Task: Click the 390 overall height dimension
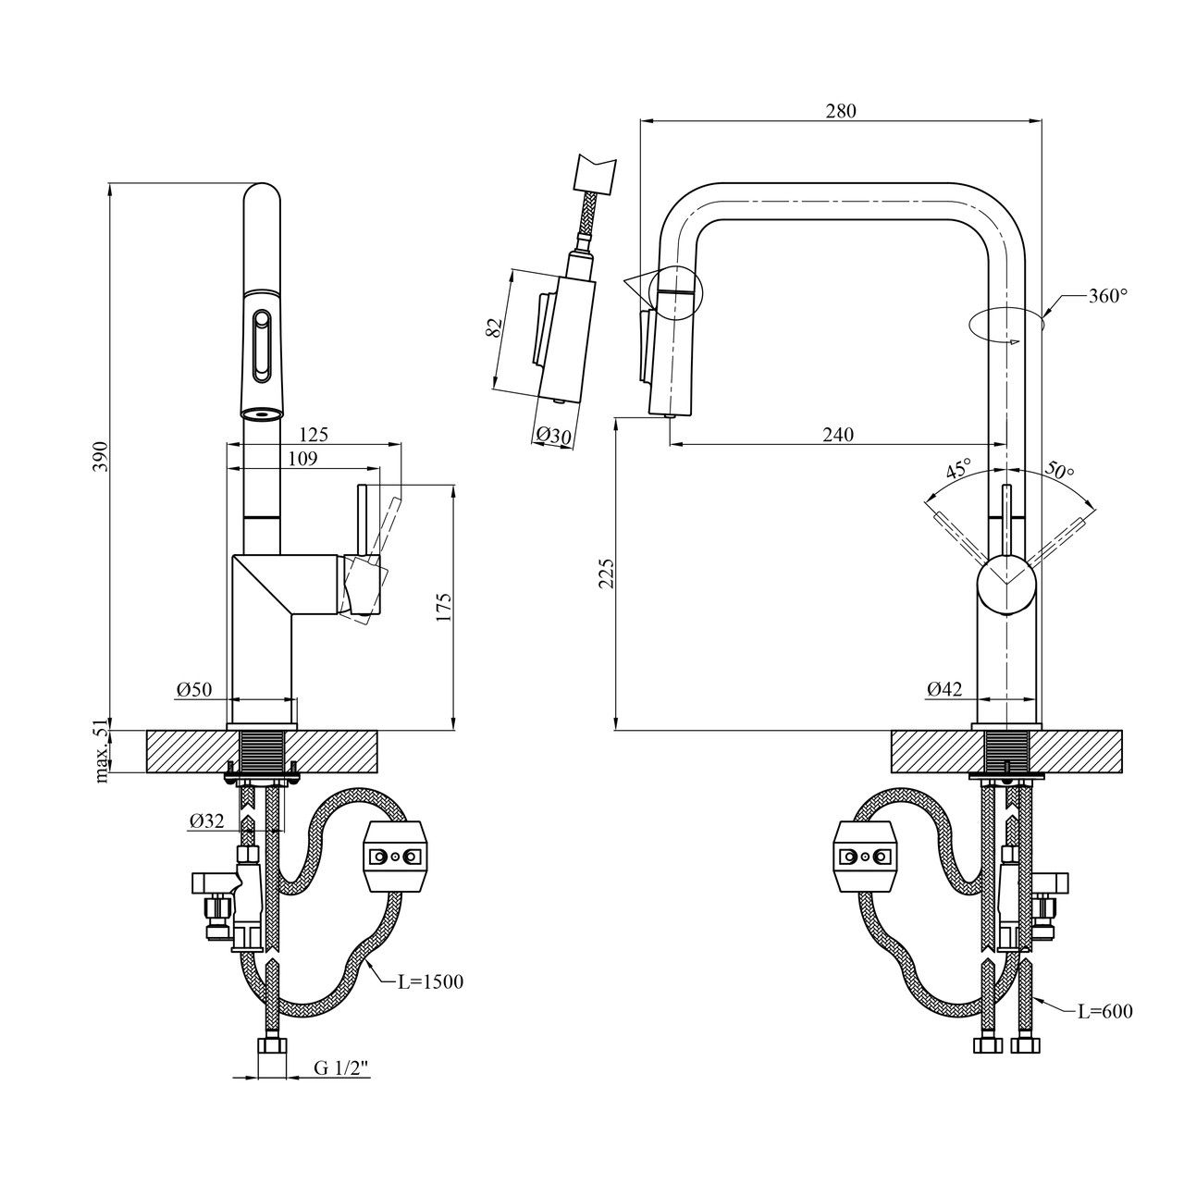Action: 102,456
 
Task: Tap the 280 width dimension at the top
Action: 840,111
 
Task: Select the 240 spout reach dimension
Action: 838,434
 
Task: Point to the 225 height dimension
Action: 607,574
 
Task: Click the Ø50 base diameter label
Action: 194,689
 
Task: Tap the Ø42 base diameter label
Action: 944,688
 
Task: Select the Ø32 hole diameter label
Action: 207,820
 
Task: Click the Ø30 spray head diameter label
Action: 552,435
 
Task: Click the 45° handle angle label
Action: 958,470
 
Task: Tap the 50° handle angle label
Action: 1059,470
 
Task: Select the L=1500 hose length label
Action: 430,981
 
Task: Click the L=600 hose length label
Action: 1104,1011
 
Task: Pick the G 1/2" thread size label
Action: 341,1068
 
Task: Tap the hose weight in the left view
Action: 396,857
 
